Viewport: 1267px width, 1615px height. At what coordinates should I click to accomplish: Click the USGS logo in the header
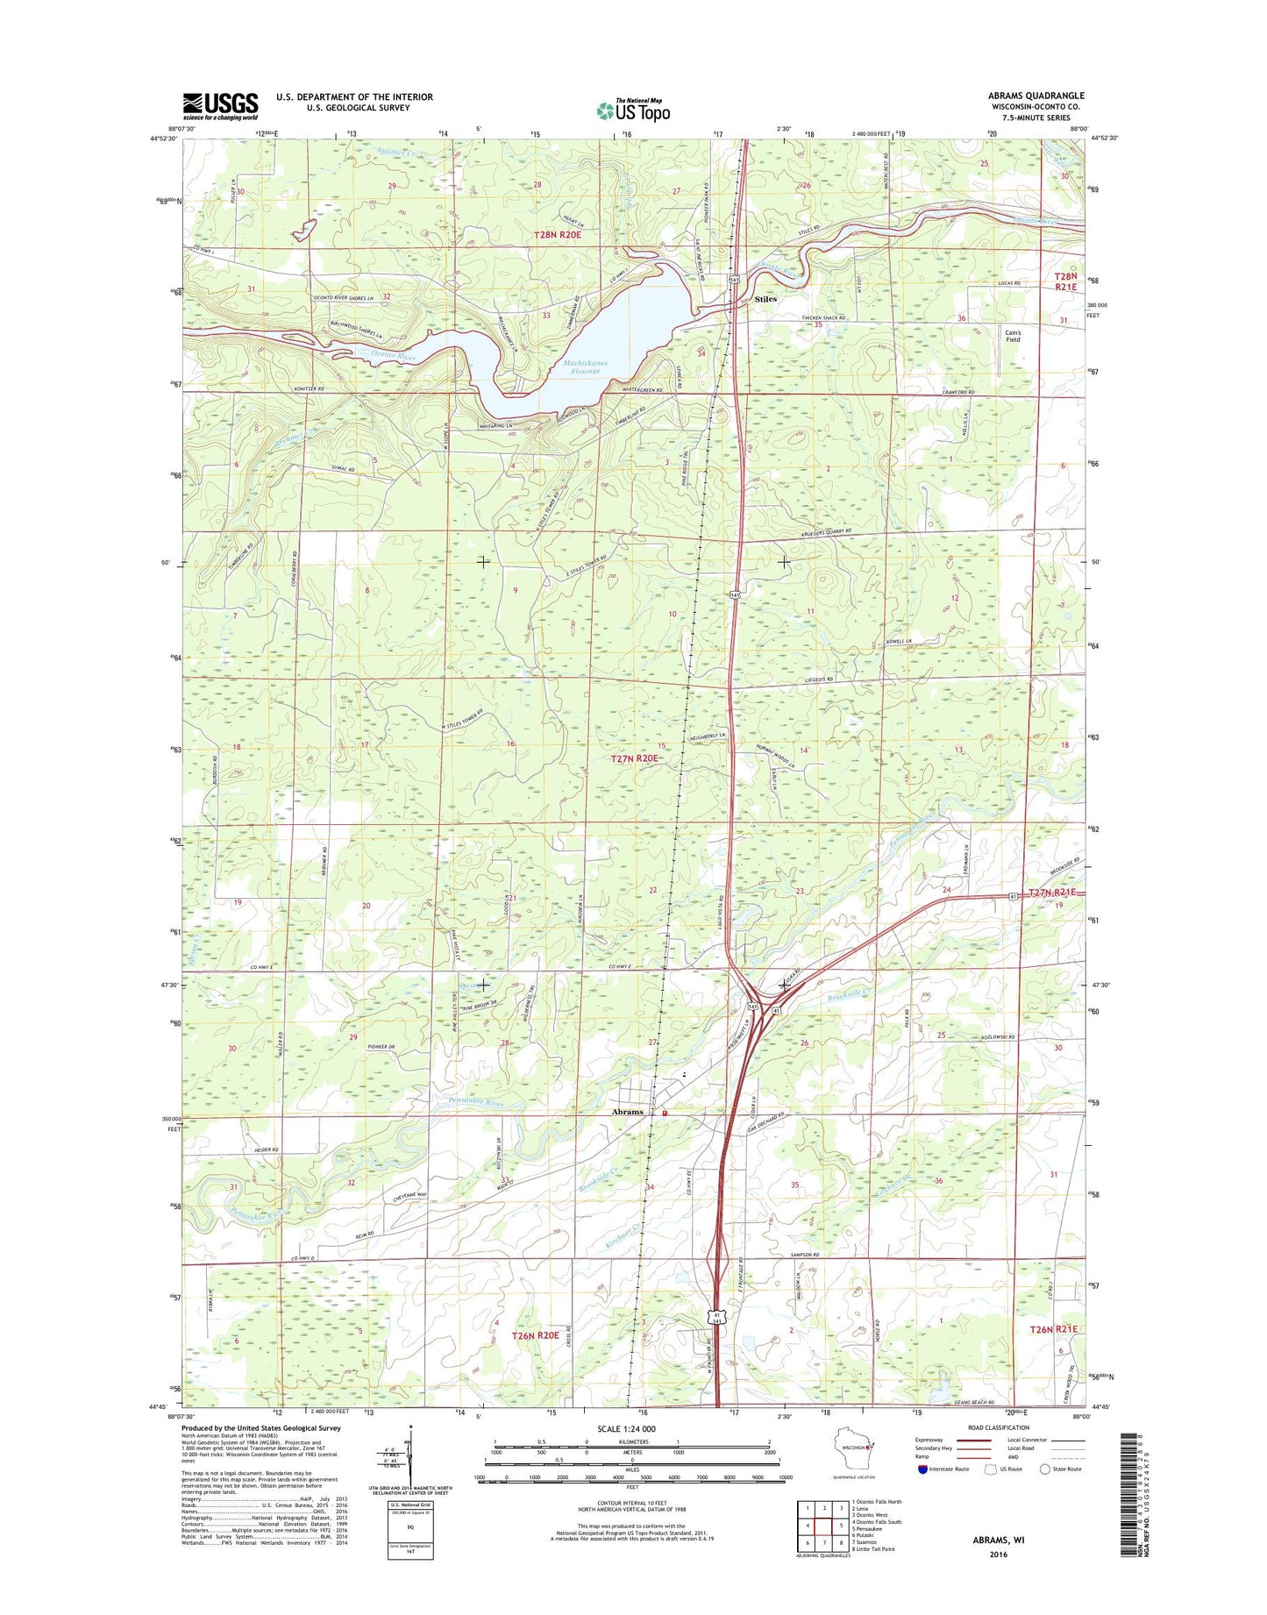(220, 106)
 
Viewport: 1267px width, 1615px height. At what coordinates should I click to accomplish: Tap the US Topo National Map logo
(633, 110)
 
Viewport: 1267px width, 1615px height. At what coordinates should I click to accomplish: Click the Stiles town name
(765, 299)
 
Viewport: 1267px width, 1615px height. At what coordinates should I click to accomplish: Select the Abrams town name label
(627, 1112)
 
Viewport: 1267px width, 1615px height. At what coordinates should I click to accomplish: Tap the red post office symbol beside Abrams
(665, 1113)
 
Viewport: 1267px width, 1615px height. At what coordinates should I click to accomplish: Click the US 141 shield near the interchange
(753, 1008)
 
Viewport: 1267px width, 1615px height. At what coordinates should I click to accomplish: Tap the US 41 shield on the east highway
(1014, 896)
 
